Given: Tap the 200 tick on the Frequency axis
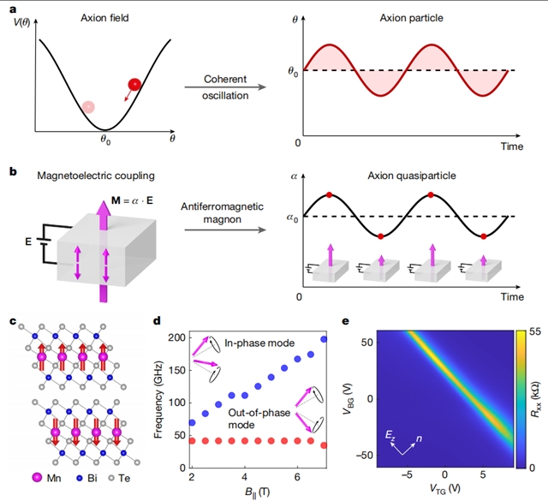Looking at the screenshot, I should coord(177,338).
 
